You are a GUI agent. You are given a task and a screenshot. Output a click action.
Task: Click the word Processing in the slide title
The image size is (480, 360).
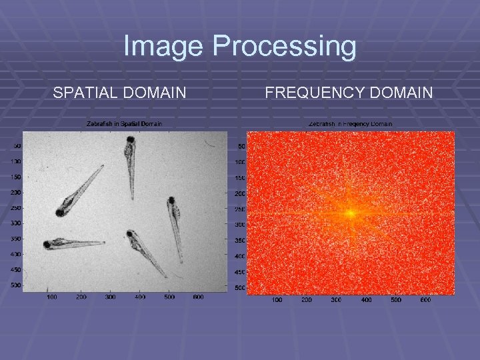(x=285, y=47)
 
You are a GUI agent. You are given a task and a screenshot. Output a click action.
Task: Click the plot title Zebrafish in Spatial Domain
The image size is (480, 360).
(x=124, y=123)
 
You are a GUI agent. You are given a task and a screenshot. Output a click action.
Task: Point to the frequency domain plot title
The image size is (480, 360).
(x=350, y=123)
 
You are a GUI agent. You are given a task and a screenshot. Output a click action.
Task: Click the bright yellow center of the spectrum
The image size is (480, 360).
(x=350, y=213)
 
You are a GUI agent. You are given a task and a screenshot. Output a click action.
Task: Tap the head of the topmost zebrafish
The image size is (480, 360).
(x=130, y=140)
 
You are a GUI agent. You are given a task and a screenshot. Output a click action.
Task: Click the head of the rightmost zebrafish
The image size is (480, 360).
(x=171, y=200)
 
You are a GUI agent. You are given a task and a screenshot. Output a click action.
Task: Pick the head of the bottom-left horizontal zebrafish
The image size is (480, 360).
(x=48, y=245)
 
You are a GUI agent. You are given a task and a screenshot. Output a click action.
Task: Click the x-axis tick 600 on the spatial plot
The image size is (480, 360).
(x=198, y=297)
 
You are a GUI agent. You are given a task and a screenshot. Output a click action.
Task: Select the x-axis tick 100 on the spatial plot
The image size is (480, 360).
(x=51, y=297)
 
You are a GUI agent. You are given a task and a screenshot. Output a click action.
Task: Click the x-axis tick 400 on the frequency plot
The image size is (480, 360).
(x=366, y=300)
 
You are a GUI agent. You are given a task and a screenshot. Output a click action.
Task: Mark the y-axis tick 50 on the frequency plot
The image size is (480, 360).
(x=241, y=147)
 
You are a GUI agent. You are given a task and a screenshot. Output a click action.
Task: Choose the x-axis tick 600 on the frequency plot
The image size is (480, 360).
(x=425, y=300)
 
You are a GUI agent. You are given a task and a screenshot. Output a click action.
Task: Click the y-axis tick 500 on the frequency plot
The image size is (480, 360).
(x=240, y=288)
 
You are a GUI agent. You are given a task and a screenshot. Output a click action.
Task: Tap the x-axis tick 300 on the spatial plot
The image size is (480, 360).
(x=110, y=297)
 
